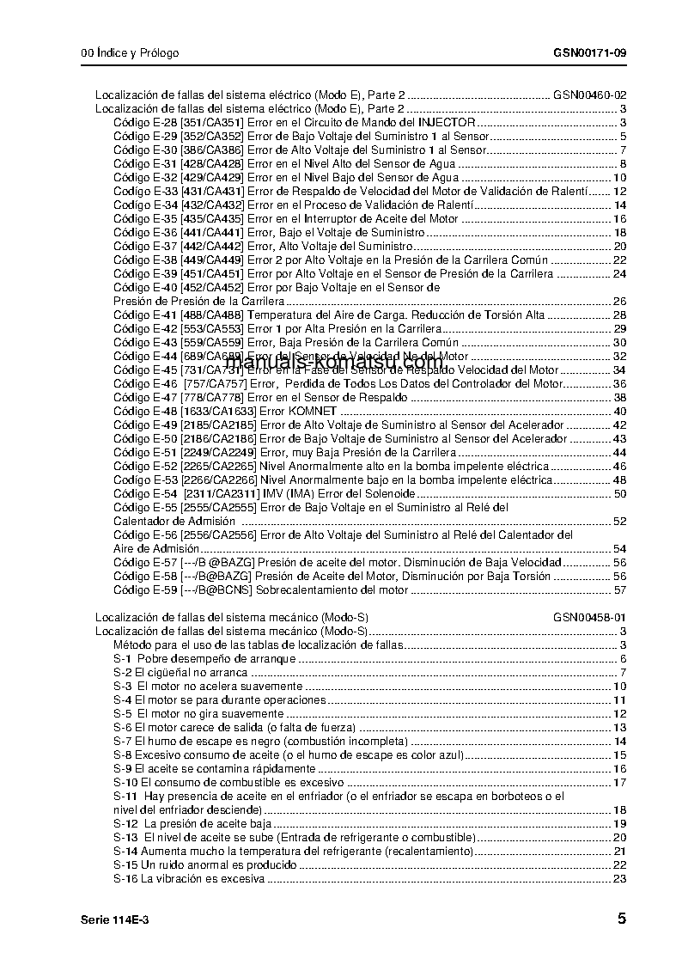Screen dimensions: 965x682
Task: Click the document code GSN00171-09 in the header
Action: [x=589, y=53]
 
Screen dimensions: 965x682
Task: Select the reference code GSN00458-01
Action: [x=589, y=618]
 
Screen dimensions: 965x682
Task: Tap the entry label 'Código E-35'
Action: [x=145, y=219]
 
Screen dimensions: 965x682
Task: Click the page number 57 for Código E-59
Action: [x=620, y=590]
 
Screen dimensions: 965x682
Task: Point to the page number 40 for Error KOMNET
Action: [x=620, y=412]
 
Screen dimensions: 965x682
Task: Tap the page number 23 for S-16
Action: [x=620, y=879]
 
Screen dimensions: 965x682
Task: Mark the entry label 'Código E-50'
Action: [x=145, y=439]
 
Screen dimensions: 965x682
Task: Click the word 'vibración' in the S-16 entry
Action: [x=181, y=879]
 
